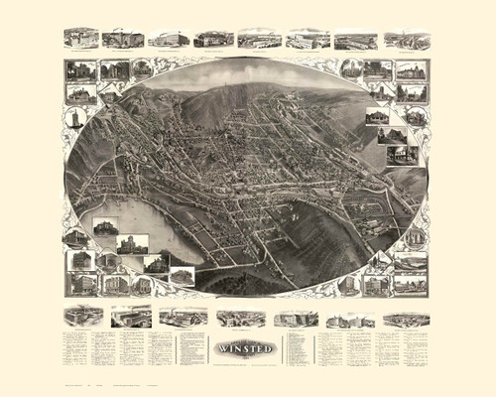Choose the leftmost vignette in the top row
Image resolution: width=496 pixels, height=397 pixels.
point(81,38)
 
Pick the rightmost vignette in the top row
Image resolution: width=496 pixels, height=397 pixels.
point(407,40)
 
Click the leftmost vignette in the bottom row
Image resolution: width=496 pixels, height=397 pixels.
point(82,317)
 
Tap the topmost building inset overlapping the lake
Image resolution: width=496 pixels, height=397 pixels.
point(103,228)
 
